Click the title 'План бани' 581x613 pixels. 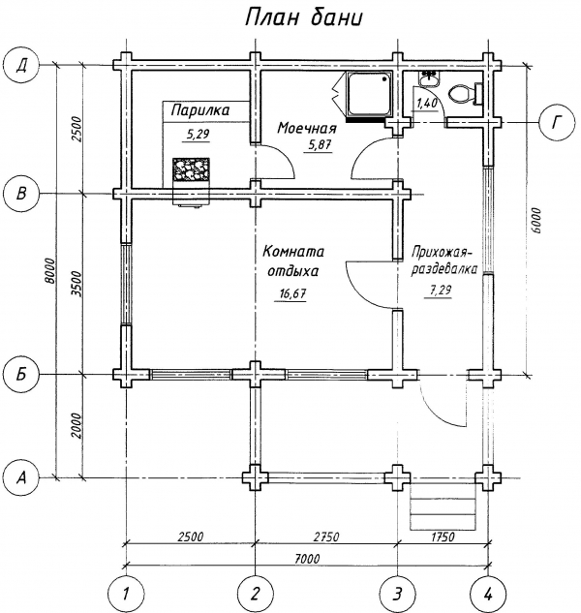click(x=303, y=17)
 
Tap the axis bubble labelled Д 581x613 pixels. click(x=21, y=65)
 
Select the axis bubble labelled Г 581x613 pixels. click(x=557, y=122)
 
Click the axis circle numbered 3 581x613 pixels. click(x=398, y=594)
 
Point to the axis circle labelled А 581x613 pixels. click(x=21, y=477)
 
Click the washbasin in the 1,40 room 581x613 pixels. click(x=429, y=78)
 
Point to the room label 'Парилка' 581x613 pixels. click(x=200, y=110)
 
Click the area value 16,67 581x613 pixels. click(x=292, y=293)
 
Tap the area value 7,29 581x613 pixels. click(x=441, y=291)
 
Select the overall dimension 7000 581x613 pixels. click(x=307, y=558)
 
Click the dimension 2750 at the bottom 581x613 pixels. click(x=326, y=536)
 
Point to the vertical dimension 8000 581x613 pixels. click(x=48, y=271)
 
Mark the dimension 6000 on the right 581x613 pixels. click(x=536, y=221)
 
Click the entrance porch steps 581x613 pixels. click(x=443, y=508)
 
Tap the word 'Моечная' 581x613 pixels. click(x=307, y=128)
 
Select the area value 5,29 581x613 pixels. click(x=199, y=135)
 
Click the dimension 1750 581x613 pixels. click(x=443, y=536)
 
